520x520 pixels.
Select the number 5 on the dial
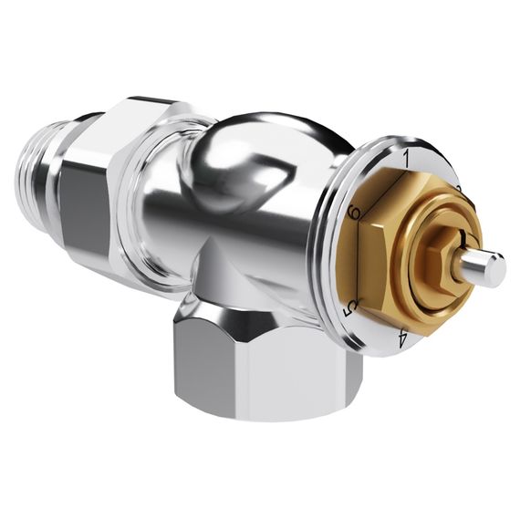point(348,310)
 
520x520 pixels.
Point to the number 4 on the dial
point(402,340)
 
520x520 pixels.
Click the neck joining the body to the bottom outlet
point(228,274)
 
